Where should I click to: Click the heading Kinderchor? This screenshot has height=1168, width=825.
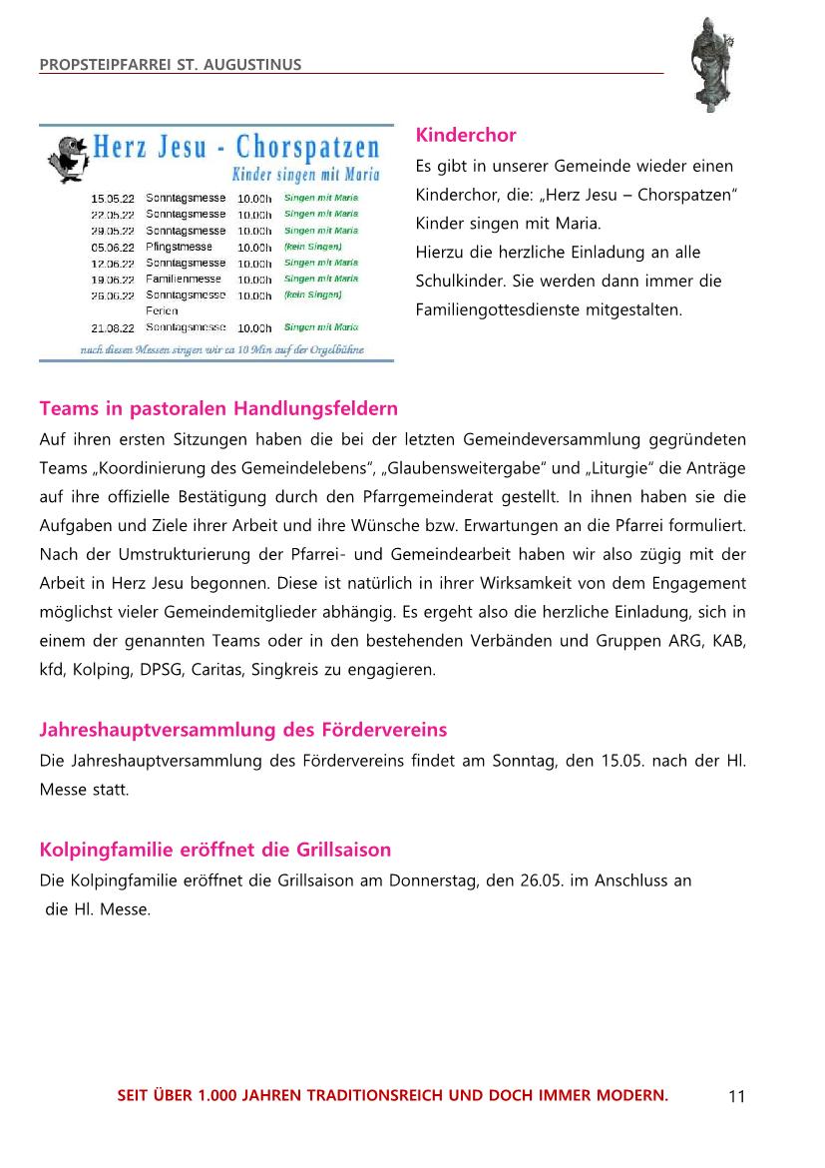pyautogui.click(x=466, y=135)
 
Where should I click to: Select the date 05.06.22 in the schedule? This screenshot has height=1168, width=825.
pyautogui.click(x=113, y=247)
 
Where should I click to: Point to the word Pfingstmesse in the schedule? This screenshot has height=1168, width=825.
pyautogui.click(x=179, y=247)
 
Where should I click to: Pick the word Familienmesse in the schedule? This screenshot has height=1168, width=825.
pyautogui.click(x=184, y=279)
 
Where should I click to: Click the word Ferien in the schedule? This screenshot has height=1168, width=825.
pyautogui.click(x=162, y=310)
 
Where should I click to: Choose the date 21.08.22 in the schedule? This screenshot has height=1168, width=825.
pyautogui.click(x=113, y=327)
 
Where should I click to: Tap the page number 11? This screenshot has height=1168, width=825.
pyautogui.click(x=736, y=1097)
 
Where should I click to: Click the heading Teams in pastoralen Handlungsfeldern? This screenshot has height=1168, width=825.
pyautogui.click(x=218, y=408)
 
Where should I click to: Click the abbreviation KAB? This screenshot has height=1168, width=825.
pyautogui.click(x=729, y=640)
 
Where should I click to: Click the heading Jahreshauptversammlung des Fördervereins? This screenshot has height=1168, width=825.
pyautogui.click(x=243, y=730)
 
